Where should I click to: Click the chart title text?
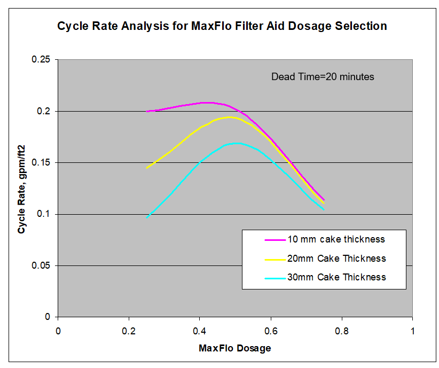(222, 26)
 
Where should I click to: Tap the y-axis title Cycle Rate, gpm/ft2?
(22, 189)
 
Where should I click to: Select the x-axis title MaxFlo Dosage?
(235, 348)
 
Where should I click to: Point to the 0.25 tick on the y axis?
(42, 60)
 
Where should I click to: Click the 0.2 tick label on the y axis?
(45, 111)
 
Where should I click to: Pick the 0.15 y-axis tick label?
(42, 162)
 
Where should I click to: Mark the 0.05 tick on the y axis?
(42, 265)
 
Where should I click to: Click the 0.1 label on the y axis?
(45, 214)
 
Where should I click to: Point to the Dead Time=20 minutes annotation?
(323, 77)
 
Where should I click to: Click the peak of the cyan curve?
(236, 143)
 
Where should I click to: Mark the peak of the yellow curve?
(230, 117)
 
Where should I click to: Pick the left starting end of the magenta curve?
(147, 111)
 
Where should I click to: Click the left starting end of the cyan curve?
(147, 217)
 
